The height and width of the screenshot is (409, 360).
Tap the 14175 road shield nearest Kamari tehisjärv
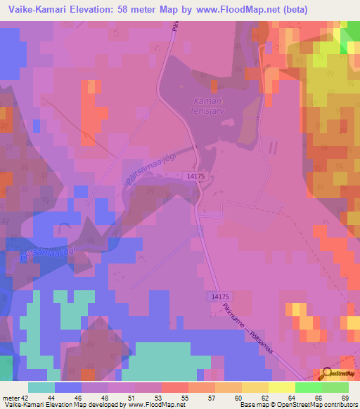click(x=196, y=179)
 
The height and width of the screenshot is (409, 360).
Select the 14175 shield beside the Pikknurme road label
click(x=219, y=297)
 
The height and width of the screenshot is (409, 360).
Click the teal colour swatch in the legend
click(x=41, y=387)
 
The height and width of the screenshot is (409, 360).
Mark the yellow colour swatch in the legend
click(x=281, y=387)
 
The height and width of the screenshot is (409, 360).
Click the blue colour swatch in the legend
click(x=68, y=387)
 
